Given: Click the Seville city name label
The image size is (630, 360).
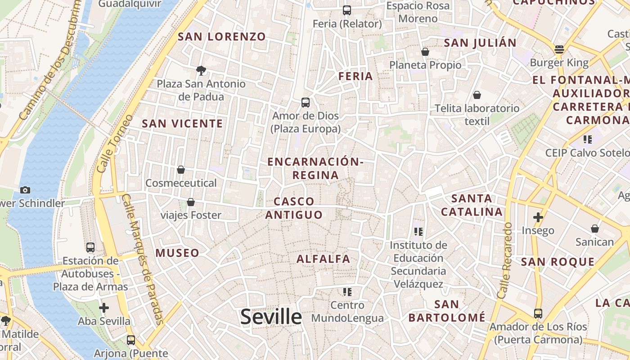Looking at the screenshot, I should tap(271, 317).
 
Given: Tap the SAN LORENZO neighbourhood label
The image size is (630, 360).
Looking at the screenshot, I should tap(222, 37).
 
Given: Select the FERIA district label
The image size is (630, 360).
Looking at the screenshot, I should tap(355, 76).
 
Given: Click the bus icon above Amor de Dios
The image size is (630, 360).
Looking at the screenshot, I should tap(306, 103).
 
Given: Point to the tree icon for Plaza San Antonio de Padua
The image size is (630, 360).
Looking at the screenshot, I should tap(201, 70).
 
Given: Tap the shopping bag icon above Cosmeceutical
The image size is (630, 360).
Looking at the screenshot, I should tap(181, 170).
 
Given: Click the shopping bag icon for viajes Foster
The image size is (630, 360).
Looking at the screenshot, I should tap(191, 202).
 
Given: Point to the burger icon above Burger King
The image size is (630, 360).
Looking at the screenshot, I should tap(559, 49).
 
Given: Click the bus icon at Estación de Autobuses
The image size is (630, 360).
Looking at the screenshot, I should tap(90, 247).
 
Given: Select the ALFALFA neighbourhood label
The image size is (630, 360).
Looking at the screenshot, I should tap(323, 259).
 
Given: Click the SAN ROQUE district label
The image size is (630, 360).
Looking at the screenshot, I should tap(558, 262).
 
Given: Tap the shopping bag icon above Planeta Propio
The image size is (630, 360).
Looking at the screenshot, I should tap(425, 52).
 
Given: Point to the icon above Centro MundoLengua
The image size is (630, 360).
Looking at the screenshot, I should tap(347, 292).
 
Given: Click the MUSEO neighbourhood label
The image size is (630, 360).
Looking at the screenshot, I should tap(177, 253).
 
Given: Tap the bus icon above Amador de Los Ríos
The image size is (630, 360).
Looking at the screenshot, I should tap(538, 313).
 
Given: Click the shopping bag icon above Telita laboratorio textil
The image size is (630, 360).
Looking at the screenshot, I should tap(477, 95).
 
